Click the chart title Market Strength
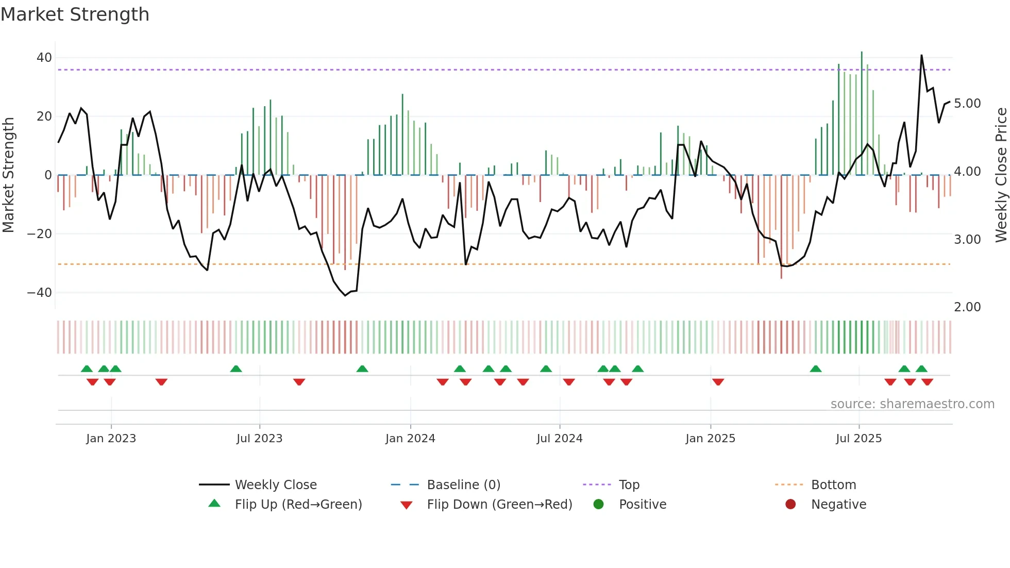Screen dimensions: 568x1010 pyautogui.click(x=75, y=14)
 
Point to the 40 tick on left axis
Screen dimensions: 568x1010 pyautogui.click(x=44, y=58)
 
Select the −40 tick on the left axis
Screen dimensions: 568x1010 pyautogui.click(x=40, y=293)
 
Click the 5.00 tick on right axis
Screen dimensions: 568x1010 pyautogui.click(x=967, y=104)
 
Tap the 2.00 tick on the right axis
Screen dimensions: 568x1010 pyautogui.click(x=967, y=307)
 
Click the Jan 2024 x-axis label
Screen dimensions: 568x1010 pyautogui.click(x=410, y=439)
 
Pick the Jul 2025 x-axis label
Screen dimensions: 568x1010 pyautogui.click(x=858, y=439)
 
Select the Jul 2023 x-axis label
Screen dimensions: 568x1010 pyautogui.click(x=259, y=439)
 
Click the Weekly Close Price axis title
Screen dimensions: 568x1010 pyautogui.click(x=1001, y=175)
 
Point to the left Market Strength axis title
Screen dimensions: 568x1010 pyautogui.click(x=9, y=175)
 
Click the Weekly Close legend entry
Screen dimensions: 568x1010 pyautogui.click(x=276, y=485)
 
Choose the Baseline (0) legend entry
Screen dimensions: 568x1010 pyautogui.click(x=463, y=485)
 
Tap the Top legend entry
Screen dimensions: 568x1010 pyautogui.click(x=629, y=485)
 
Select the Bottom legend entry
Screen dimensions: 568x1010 pyautogui.click(x=833, y=485)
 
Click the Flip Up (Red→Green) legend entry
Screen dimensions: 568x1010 pyautogui.click(x=298, y=505)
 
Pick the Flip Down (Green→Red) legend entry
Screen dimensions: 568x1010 pyautogui.click(x=499, y=505)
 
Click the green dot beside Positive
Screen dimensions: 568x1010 pyautogui.click(x=598, y=505)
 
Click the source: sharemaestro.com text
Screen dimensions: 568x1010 pyautogui.click(x=912, y=404)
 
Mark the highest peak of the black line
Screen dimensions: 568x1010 pyautogui.click(x=921, y=55)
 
